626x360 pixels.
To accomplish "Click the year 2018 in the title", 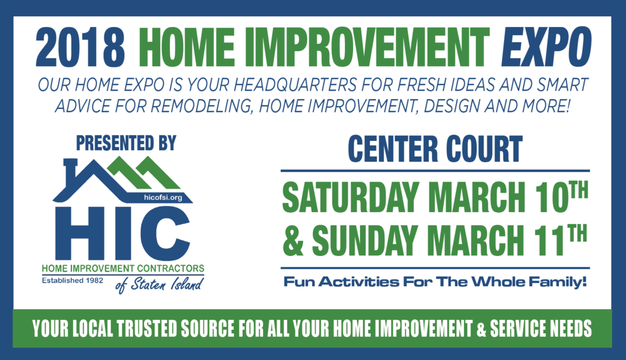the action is click(x=80, y=47).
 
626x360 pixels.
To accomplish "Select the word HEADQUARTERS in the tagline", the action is click(x=295, y=85).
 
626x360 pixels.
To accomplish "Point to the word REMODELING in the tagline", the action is click(x=202, y=106).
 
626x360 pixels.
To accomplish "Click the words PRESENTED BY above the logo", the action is click(x=126, y=143).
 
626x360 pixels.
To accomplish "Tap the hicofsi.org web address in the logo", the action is click(x=163, y=197).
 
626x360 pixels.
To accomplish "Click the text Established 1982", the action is click(x=72, y=280).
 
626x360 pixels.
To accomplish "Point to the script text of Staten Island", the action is click(x=160, y=285).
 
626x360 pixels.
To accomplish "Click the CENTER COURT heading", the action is click(x=435, y=149).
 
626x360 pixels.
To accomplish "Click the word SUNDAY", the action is click(x=365, y=240).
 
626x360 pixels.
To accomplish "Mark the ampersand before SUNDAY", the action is click(x=293, y=240).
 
